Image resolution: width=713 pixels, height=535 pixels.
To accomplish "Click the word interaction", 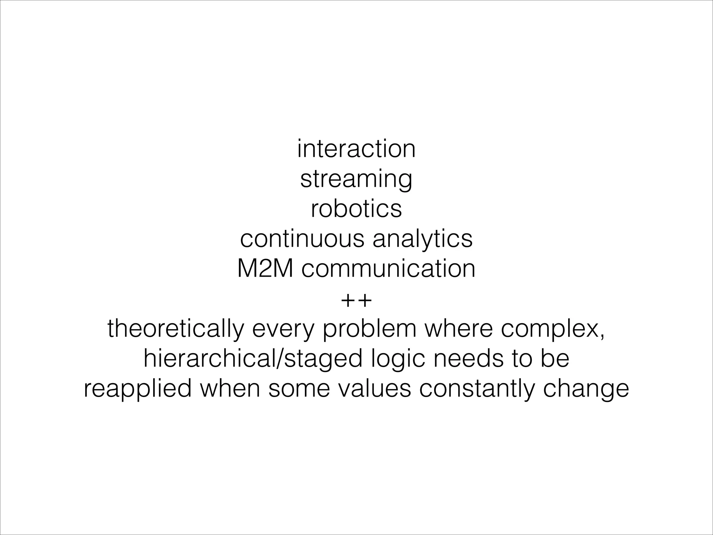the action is point(356,149).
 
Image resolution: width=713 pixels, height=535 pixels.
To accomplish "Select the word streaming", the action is point(356,179).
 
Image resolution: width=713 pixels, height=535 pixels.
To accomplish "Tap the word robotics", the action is point(356,209).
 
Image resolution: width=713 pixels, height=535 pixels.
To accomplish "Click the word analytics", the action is point(423,239).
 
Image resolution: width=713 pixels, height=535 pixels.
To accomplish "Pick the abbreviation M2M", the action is point(265,269).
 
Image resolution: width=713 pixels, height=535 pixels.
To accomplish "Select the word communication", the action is point(389,269).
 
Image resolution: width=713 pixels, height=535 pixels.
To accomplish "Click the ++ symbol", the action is point(356,300).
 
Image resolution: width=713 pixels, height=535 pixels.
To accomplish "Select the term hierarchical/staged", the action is point(253,359).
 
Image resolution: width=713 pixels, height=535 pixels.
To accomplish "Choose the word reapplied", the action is point(138,389).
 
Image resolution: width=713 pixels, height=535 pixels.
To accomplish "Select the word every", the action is point(282,329).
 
